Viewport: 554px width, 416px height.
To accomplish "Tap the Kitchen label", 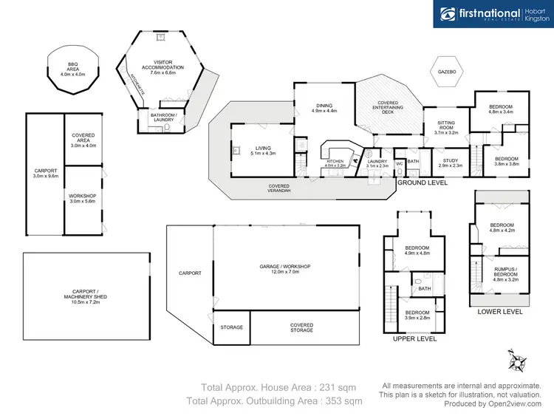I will pos(335,163).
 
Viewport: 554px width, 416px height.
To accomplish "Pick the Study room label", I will pos(451,163).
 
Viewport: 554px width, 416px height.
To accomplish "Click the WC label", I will pos(399,163).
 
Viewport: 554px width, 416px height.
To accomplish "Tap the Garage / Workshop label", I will pos(286,269).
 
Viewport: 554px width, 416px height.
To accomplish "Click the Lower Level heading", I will pos(500,312).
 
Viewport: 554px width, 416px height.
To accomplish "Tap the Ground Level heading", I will pos(423,182).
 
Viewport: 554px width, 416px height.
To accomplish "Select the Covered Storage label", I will pos(301,327).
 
